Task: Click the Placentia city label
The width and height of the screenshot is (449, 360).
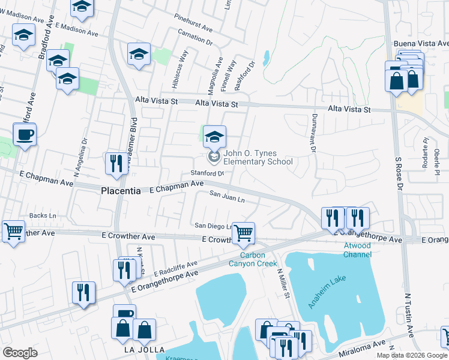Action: click(120, 191)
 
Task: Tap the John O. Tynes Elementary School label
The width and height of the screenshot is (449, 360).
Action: click(258, 157)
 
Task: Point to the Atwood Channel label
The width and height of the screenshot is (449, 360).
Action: click(357, 250)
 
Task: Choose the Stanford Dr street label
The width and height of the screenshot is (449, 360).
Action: click(207, 173)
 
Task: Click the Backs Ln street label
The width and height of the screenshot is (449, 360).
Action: click(43, 215)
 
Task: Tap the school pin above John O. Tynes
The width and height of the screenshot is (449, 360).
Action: click(214, 137)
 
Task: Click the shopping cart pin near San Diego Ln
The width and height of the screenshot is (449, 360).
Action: click(243, 233)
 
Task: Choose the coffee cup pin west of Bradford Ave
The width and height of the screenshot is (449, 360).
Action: click(25, 135)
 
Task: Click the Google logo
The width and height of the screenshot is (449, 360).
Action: click(20, 353)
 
